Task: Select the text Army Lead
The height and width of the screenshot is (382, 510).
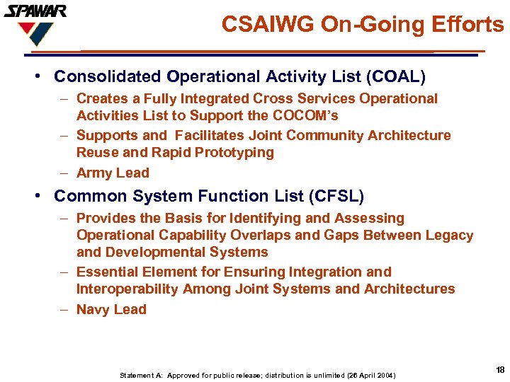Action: point(113,173)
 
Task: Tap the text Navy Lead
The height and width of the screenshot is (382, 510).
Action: point(111,309)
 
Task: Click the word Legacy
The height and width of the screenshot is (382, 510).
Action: point(449,235)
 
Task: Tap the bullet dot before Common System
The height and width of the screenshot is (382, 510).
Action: point(44,196)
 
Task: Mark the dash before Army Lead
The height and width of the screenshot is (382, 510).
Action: point(64,173)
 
